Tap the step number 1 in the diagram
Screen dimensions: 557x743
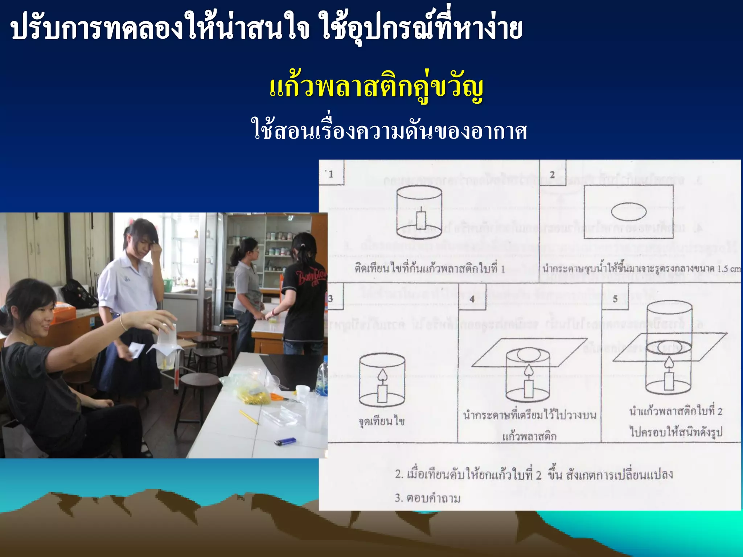[331, 174]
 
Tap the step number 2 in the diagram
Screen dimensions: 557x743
[552, 174]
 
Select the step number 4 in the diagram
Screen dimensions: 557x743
[472, 299]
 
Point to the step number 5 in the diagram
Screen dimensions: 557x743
[615, 299]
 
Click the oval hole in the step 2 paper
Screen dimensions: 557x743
[629, 211]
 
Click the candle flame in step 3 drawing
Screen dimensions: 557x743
[382, 375]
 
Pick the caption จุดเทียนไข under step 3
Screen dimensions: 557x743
[381, 421]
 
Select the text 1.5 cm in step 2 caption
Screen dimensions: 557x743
[729, 269]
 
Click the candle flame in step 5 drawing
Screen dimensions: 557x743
[668, 362]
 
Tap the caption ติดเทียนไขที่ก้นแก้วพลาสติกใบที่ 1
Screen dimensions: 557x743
[430, 269]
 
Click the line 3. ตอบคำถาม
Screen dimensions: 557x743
[427, 498]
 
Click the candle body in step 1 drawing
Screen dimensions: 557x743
[420, 220]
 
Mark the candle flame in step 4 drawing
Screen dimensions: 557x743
[528, 370]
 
